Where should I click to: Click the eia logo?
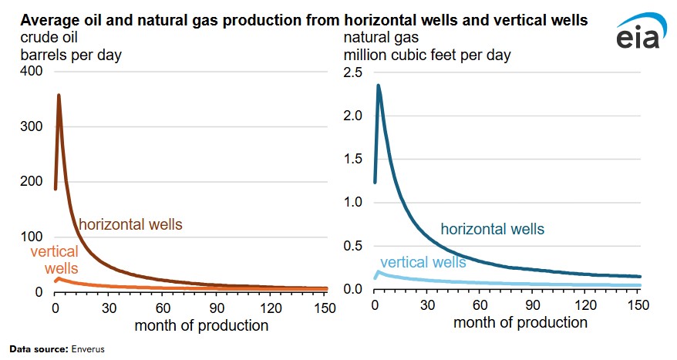click(638, 37)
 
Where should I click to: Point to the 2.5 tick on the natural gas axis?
click(352, 72)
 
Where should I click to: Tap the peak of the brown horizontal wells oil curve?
click(59, 96)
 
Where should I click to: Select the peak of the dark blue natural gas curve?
click(379, 86)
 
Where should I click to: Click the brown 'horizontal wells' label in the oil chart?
click(130, 224)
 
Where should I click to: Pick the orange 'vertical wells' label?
click(55, 260)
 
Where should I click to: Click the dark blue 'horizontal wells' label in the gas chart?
click(492, 229)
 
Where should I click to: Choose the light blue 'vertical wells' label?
click(423, 262)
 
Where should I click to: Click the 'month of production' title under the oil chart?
click(201, 325)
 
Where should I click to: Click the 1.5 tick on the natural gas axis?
click(352, 159)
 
